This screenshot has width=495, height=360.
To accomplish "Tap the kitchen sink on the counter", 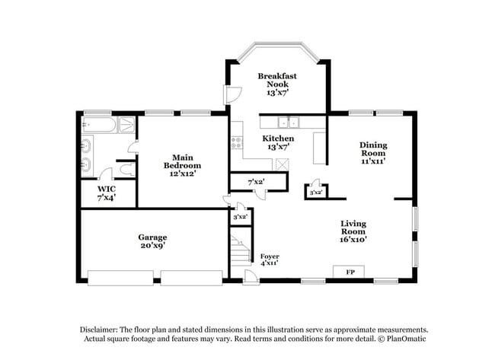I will coord(288,122).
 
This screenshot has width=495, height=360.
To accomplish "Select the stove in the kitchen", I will coord(237,141).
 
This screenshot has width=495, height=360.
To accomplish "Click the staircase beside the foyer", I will coord(240,250).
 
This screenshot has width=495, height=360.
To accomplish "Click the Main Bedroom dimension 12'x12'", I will coord(183,173).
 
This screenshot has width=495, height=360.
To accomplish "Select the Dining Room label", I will coord(373,149).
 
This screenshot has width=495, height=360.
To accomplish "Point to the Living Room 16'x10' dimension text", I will coord(353,239).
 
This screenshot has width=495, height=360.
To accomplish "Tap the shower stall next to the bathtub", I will coord(127,124).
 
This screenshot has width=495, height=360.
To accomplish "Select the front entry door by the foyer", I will coord(249,277).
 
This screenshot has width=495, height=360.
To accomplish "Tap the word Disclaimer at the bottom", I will coord(102,329).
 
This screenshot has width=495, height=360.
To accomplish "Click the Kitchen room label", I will coord(278,139).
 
